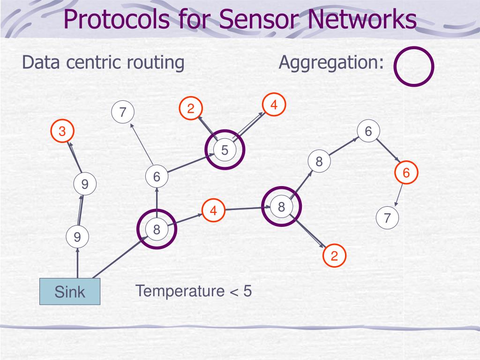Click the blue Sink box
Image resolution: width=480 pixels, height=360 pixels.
(70, 292)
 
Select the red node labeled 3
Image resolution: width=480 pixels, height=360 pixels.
(62, 131)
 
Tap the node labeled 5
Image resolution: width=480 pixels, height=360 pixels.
(225, 150)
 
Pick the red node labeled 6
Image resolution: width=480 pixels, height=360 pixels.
(406, 172)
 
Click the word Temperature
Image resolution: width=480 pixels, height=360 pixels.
(180, 291)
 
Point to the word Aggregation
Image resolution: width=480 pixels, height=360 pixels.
(331, 63)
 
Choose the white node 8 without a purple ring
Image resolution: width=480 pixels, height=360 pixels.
(319, 161)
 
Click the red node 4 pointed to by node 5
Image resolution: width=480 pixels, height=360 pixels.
(274, 105)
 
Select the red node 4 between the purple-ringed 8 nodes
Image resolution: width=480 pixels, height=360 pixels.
(213, 210)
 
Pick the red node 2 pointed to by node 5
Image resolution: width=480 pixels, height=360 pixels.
(191, 108)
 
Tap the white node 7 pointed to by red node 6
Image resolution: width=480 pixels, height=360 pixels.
(387, 218)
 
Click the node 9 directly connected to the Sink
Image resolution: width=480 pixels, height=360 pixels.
(77, 237)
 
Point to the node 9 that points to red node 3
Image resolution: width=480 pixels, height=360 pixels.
(85, 184)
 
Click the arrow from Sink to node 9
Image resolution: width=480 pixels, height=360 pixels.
(77, 263)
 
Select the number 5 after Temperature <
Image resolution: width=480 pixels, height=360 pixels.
(247, 291)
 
